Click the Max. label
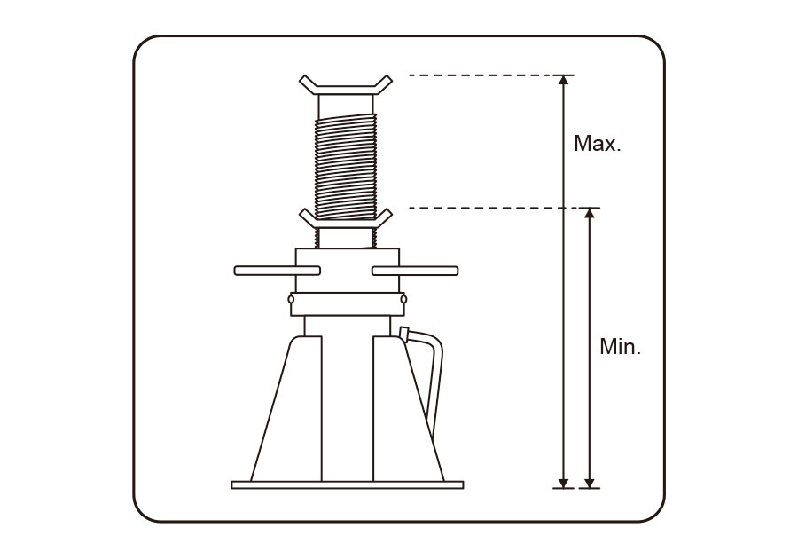(x=598, y=144)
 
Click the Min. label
(x=621, y=347)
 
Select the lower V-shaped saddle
(x=346, y=219)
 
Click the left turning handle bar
(x=278, y=271)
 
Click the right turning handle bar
(x=415, y=271)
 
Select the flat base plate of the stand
(x=348, y=485)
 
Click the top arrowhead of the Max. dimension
(x=563, y=80)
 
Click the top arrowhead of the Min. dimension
(x=590, y=213)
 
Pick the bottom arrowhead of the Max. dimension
(x=563, y=484)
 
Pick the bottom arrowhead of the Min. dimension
(x=590, y=484)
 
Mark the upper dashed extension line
(x=491, y=75)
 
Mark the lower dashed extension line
(x=505, y=208)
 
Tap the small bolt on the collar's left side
(x=291, y=299)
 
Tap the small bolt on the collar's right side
(x=403, y=299)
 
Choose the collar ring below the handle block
(x=347, y=304)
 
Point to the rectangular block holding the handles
(x=347, y=271)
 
